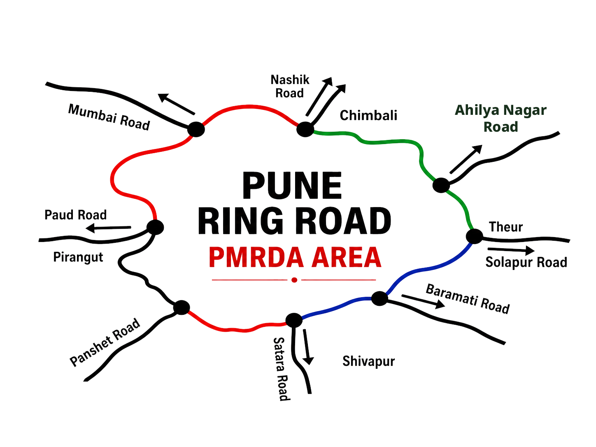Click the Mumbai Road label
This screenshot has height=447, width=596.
coord(109,117)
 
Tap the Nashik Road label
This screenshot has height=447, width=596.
coord(290,86)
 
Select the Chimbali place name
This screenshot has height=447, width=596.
coord(368,116)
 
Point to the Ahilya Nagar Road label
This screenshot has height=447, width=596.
coord(501,119)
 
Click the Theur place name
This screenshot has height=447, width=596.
coord(505,227)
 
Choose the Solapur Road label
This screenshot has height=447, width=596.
coord(526,263)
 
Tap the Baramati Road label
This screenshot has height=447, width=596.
coord(468,299)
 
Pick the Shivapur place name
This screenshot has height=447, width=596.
coord(368,361)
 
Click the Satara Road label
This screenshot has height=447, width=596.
coord(282,369)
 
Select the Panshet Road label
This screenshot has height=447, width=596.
coord(105,342)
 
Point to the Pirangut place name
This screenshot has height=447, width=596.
coord(78,257)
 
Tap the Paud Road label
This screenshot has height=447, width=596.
coord(75,215)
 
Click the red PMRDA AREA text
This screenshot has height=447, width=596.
coord(295,257)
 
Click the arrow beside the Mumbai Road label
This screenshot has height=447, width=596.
coord(176,104)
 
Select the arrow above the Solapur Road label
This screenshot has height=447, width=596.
coord(511,250)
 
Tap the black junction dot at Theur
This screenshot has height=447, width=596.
coord(474,236)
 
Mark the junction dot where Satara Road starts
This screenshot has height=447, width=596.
coord(294,320)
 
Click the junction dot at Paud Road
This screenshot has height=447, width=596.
coord(155,228)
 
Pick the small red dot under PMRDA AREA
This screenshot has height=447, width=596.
coord(294,280)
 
